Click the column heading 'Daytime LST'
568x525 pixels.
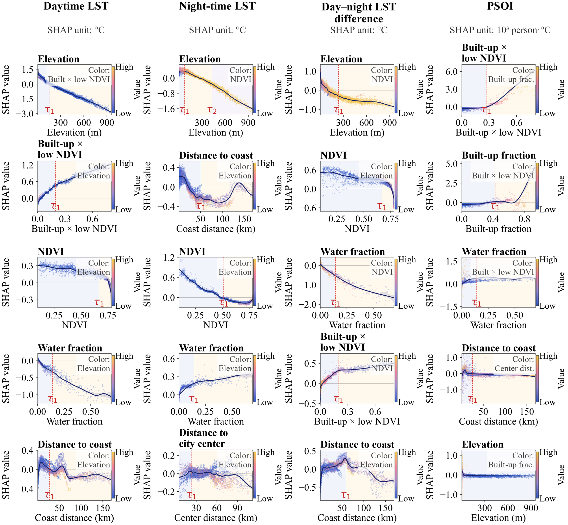(76, 6)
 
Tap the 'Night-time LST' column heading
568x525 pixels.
(217, 6)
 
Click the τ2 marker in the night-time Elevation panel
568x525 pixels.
(212, 110)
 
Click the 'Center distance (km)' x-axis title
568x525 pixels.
(216, 518)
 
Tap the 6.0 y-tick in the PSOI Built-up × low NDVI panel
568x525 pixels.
(452, 71)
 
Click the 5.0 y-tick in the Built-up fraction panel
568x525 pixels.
(452, 164)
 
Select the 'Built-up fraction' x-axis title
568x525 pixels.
(498, 229)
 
